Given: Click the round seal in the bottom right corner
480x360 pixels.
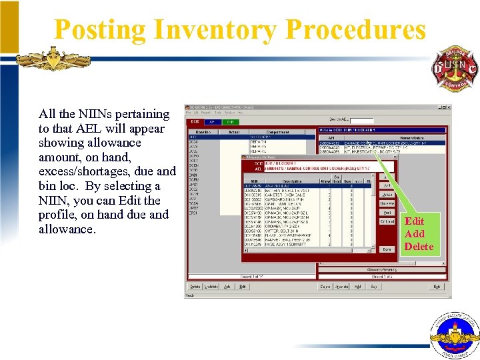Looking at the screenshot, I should [x=455, y=336].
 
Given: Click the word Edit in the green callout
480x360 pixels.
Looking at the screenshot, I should [x=414, y=221].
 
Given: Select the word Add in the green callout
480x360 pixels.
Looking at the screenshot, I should [x=414, y=234].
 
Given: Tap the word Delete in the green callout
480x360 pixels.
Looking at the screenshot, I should [x=419, y=247].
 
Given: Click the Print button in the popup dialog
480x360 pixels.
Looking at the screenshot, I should [x=387, y=213].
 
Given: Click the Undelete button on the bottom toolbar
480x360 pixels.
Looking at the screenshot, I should [x=211, y=287].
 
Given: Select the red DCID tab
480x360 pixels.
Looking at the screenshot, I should [x=195, y=122].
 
